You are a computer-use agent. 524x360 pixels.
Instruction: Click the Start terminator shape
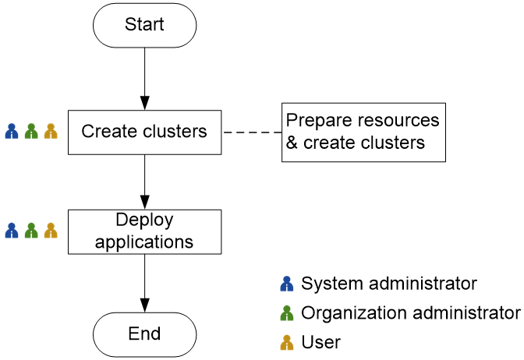pyautogui.click(x=144, y=26)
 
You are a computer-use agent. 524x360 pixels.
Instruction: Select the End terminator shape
pyautogui.click(x=144, y=334)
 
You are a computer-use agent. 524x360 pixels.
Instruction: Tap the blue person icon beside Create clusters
pyautogui.click(x=12, y=131)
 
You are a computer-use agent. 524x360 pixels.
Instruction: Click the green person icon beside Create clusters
pyautogui.click(x=31, y=131)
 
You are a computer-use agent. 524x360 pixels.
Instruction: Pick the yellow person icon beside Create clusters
pyautogui.click(x=51, y=131)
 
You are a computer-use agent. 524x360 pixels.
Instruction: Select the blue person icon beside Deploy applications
pyautogui.click(x=12, y=231)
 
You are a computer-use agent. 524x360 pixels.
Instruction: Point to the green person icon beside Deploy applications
pyautogui.click(x=31, y=231)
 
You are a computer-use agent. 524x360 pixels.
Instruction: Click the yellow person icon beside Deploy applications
pyautogui.click(x=51, y=231)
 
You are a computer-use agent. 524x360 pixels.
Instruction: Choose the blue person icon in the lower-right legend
pyautogui.click(x=287, y=284)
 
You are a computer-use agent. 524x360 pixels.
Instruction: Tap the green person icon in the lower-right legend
pyautogui.click(x=287, y=313)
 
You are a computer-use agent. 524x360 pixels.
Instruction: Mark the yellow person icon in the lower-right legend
pyautogui.click(x=287, y=342)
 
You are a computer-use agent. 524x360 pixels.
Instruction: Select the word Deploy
pyautogui.click(x=144, y=221)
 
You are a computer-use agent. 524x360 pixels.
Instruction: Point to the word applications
pyautogui.click(x=144, y=242)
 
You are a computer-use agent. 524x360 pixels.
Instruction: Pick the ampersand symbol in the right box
pyautogui.click(x=292, y=143)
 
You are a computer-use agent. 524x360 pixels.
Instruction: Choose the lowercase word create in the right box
pyautogui.click(x=330, y=143)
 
